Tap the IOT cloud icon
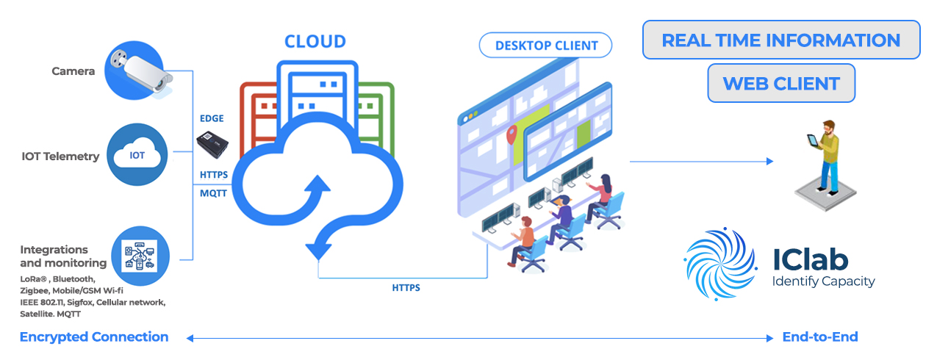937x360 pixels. click(x=137, y=155)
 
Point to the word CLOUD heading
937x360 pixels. click(x=315, y=41)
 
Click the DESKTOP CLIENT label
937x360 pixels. click(x=546, y=46)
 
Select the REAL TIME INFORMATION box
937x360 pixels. click(x=781, y=40)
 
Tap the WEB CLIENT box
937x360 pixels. click(x=781, y=83)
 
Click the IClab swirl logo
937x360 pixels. click(x=719, y=263)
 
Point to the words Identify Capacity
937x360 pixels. click(x=823, y=281)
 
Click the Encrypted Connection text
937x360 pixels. click(x=94, y=337)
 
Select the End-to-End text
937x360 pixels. click(x=820, y=337)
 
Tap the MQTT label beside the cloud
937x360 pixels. click(x=213, y=193)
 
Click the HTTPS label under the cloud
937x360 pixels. click(x=406, y=288)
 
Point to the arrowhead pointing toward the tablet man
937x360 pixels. click(x=770, y=161)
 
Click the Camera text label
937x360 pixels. click(x=73, y=71)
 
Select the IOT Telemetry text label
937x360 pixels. click(x=60, y=156)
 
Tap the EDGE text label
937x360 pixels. click(x=212, y=118)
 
